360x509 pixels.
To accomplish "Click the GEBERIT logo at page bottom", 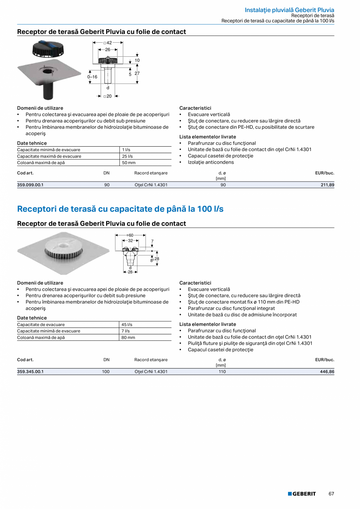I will [x=302, y=494].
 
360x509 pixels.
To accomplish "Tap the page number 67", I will [x=331, y=494].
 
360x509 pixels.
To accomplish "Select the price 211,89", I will [x=326, y=185].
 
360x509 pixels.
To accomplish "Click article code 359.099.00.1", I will [x=30, y=185].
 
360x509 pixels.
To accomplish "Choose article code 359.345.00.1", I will [x=30, y=372].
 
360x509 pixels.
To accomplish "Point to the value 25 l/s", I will [x=126, y=156].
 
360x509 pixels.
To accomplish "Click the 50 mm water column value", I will [x=128, y=162].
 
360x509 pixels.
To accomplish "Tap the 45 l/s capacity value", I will [x=127, y=325].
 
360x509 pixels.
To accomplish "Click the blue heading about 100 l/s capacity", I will [x=120, y=209].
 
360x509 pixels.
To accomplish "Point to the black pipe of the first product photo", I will [x=49, y=92].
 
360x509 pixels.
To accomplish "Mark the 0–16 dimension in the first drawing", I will [x=92, y=77].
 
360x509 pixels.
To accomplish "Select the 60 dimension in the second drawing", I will [x=131, y=235].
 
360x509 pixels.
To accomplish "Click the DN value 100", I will [x=106, y=372].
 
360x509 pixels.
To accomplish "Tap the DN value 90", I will [x=107, y=185].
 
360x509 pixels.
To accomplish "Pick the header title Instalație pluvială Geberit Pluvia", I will [x=289, y=10].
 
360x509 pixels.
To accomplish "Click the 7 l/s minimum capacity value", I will [x=125, y=331].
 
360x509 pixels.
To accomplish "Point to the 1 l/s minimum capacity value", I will [x=126, y=150].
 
